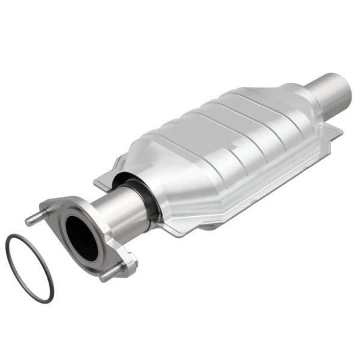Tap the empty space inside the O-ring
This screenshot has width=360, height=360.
point(30,267)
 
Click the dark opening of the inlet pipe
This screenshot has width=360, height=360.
point(81,237)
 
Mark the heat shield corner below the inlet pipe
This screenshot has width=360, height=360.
point(174,231)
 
